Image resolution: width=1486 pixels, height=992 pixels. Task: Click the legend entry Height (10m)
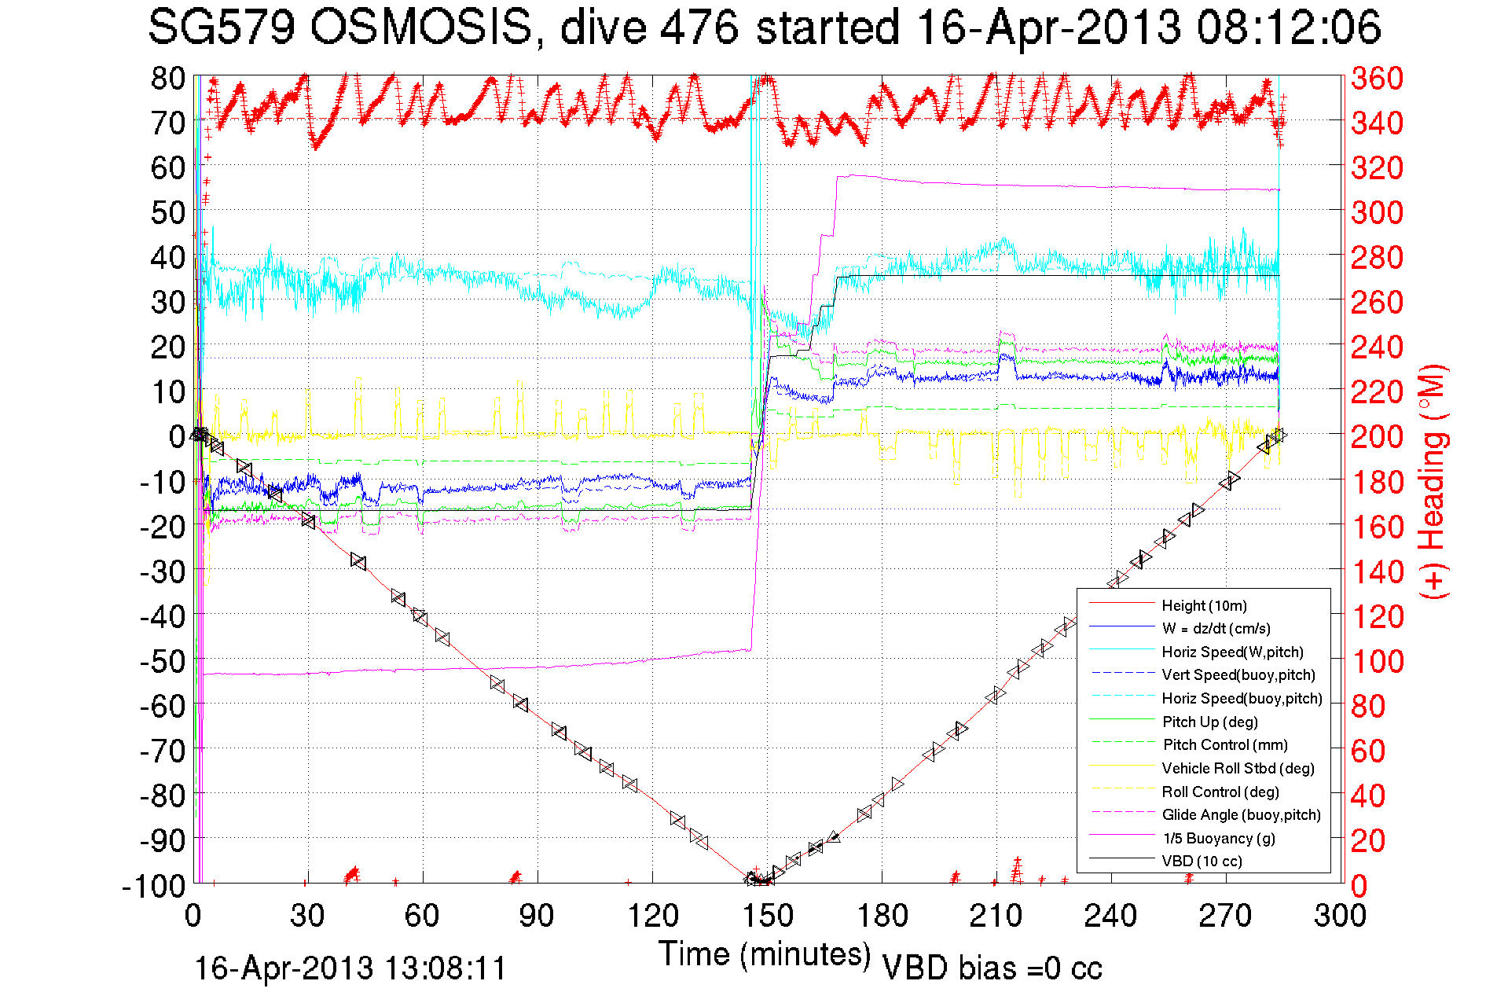1204,605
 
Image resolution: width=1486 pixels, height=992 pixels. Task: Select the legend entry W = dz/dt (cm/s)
1216,628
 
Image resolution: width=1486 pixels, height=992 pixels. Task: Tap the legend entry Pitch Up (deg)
1209,722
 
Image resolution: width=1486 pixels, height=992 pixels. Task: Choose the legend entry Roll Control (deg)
1220,792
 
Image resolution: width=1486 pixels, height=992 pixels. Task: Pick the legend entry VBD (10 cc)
1202,861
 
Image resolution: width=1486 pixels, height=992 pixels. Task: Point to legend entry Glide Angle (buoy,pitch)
1241,814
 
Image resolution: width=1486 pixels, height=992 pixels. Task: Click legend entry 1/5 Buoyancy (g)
1219,838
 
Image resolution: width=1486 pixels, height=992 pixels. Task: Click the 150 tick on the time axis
768,916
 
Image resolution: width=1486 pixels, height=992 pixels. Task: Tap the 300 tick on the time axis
1340,916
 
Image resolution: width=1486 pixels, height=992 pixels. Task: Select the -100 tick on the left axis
153,886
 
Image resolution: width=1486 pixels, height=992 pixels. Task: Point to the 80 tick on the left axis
167,78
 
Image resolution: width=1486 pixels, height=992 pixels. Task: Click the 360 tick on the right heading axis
1377,78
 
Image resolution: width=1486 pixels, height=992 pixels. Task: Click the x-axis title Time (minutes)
765,954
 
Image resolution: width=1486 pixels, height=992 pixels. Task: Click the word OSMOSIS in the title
421,28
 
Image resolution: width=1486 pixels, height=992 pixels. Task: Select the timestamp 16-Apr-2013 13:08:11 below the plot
350,968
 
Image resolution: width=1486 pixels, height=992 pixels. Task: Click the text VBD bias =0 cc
992,968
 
